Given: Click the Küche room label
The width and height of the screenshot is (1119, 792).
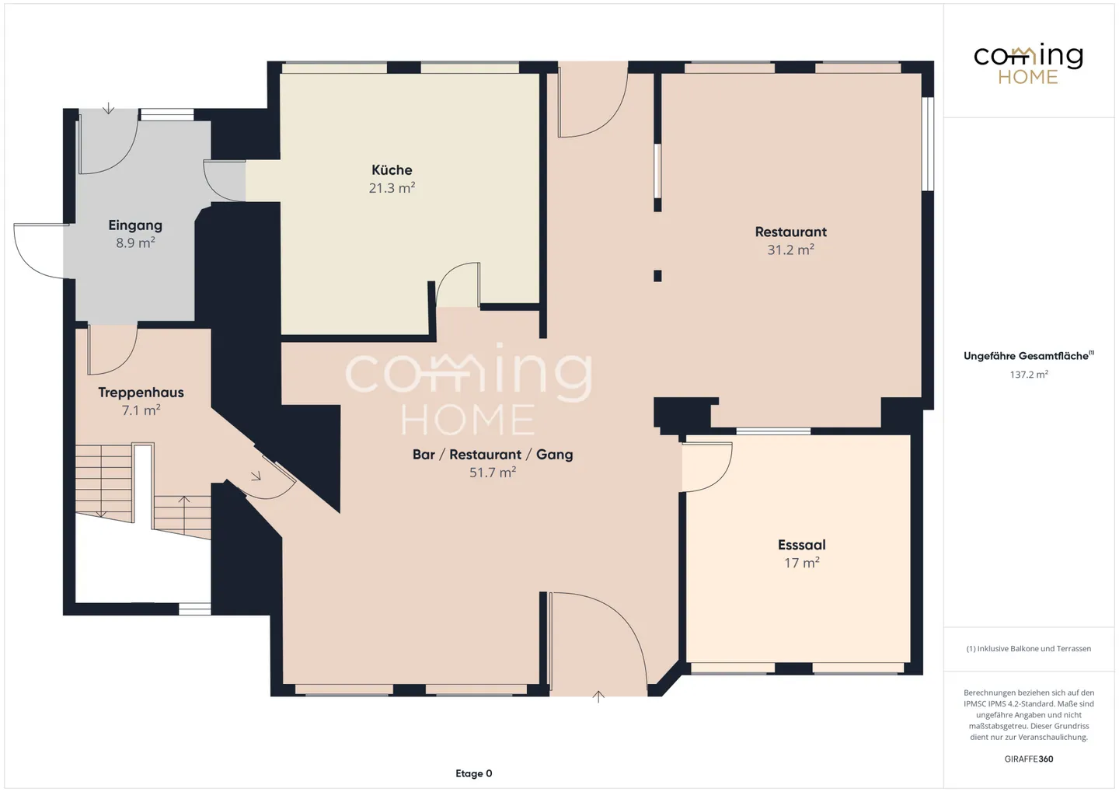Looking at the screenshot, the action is coord(392,170).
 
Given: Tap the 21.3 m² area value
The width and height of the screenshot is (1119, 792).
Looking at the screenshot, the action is coord(392,188).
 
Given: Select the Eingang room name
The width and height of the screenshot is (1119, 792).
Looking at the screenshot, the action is coord(135,225).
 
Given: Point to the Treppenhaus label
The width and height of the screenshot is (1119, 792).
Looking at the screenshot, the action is coord(141,393).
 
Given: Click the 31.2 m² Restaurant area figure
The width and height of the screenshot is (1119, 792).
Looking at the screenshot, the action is coord(791,249).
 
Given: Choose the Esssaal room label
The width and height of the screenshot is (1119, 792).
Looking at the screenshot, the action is coord(802,545).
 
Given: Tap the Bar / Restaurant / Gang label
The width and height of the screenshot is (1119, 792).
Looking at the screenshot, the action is coord(493,455).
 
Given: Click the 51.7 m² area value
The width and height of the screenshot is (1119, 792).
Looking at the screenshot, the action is coord(493,473).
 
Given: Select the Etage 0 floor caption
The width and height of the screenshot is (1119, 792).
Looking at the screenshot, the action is coord(473,773).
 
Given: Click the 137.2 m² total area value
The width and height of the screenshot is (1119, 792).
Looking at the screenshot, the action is coord(1029,375).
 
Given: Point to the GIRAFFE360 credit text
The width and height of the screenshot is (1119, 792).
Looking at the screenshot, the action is coord(1029,759).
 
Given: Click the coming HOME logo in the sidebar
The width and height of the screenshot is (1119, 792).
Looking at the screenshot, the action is coord(1028,64).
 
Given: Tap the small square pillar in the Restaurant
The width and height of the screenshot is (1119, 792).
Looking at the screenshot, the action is coord(657,276).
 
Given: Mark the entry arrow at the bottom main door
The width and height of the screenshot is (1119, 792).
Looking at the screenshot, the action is coord(598,696).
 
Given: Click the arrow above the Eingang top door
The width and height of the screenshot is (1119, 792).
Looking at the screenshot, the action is coord(109,108).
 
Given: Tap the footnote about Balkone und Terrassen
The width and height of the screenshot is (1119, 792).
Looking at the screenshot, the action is coord(1029,648).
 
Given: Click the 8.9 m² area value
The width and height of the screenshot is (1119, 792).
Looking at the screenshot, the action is coord(135,242).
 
